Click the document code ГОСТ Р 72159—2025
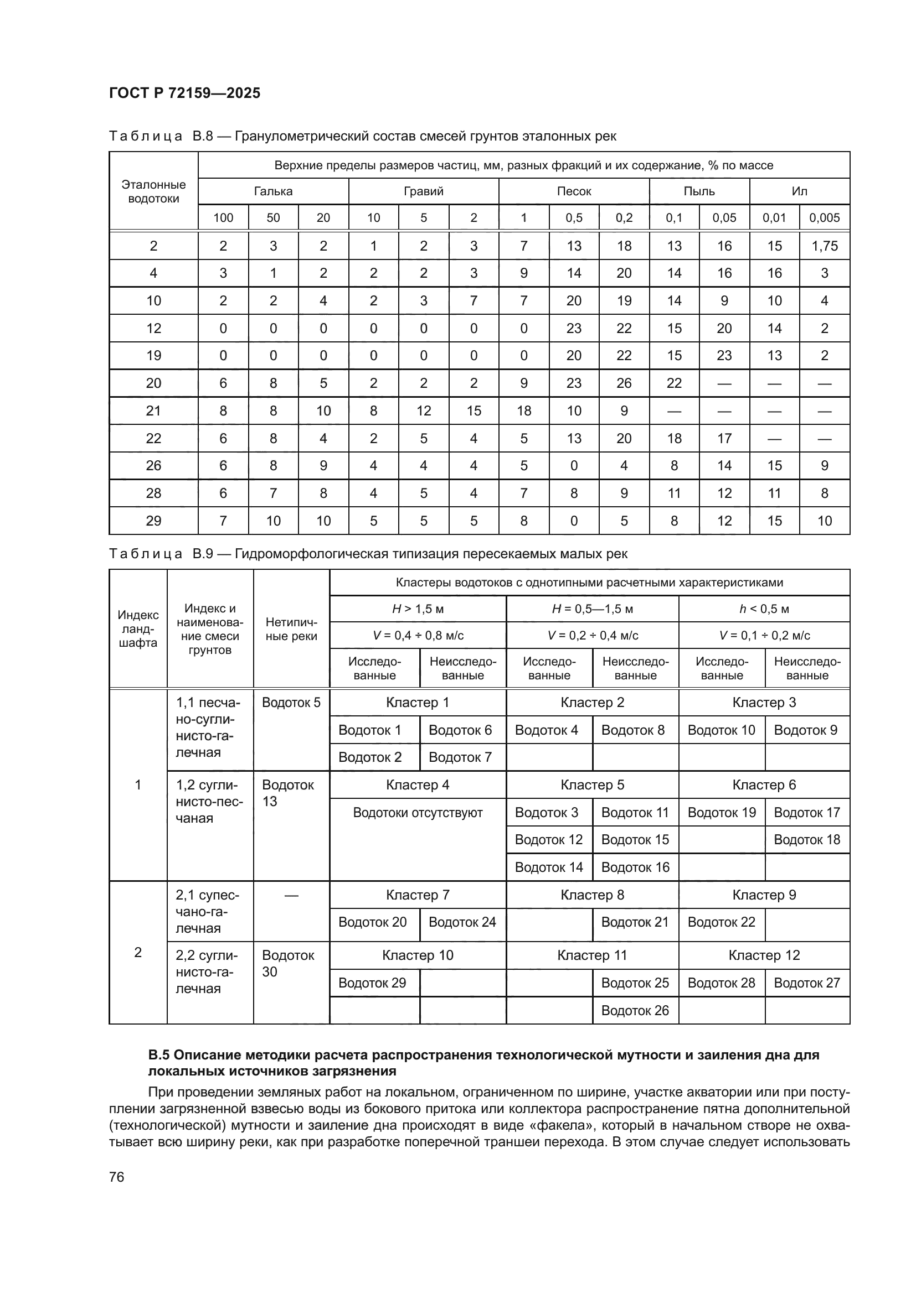(184, 93)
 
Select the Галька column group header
(273, 191)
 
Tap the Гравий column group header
(424, 191)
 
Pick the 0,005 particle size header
(824, 217)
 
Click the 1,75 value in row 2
(824, 246)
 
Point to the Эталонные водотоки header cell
(153, 191)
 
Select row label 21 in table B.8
(153, 411)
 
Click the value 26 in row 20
(624, 383)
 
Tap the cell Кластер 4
(418, 784)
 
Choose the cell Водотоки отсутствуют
(418, 812)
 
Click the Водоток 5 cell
(291, 702)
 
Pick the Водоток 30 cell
(287, 963)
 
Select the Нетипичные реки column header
(291, 629)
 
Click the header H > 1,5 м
(418, 609)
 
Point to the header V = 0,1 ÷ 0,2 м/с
(764, 635)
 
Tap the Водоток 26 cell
(635, 1011)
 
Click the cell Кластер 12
(764, 955)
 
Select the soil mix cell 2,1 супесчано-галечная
(207, 911)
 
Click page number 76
(117, 1177)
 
